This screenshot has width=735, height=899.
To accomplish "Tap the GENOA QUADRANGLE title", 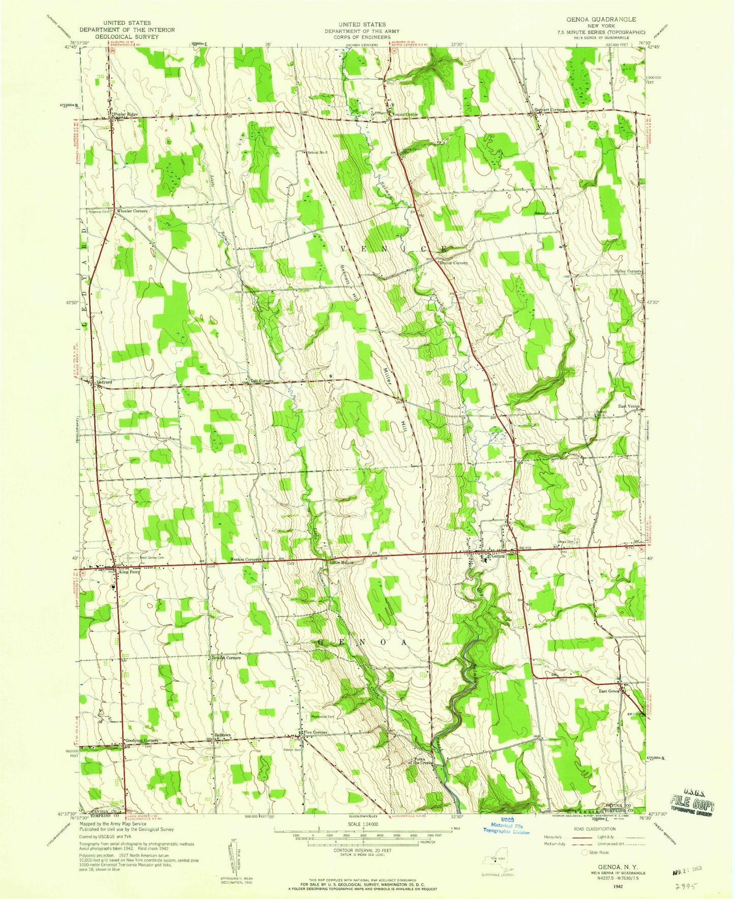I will (594, 19).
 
